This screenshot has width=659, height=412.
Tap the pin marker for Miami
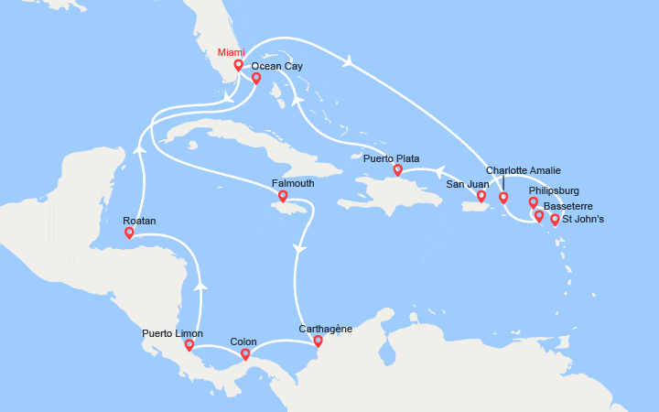pos(238,65)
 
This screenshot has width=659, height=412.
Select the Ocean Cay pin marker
pos(256,79)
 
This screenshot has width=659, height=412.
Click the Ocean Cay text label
pos(276,67)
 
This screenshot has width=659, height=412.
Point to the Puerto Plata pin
pos(397,170)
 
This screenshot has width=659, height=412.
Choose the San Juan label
pos(467,184)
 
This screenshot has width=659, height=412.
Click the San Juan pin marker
pos(481,195)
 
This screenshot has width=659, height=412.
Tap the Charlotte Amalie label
pos(524,170)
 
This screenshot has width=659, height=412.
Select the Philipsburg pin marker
pos(534,202)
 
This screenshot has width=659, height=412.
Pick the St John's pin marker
pos(555,219)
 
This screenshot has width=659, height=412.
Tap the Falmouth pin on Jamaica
pos(282,196)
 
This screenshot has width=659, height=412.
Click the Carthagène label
pos(326,328)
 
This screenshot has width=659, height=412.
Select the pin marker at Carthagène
pos(318,342)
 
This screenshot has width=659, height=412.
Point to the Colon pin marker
pos(245,354)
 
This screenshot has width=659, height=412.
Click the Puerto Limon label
pos(172,333)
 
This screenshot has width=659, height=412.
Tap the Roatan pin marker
pos(129,233)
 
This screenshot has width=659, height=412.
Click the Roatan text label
pos(139,221)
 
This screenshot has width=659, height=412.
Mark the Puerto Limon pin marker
pos(189,345)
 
